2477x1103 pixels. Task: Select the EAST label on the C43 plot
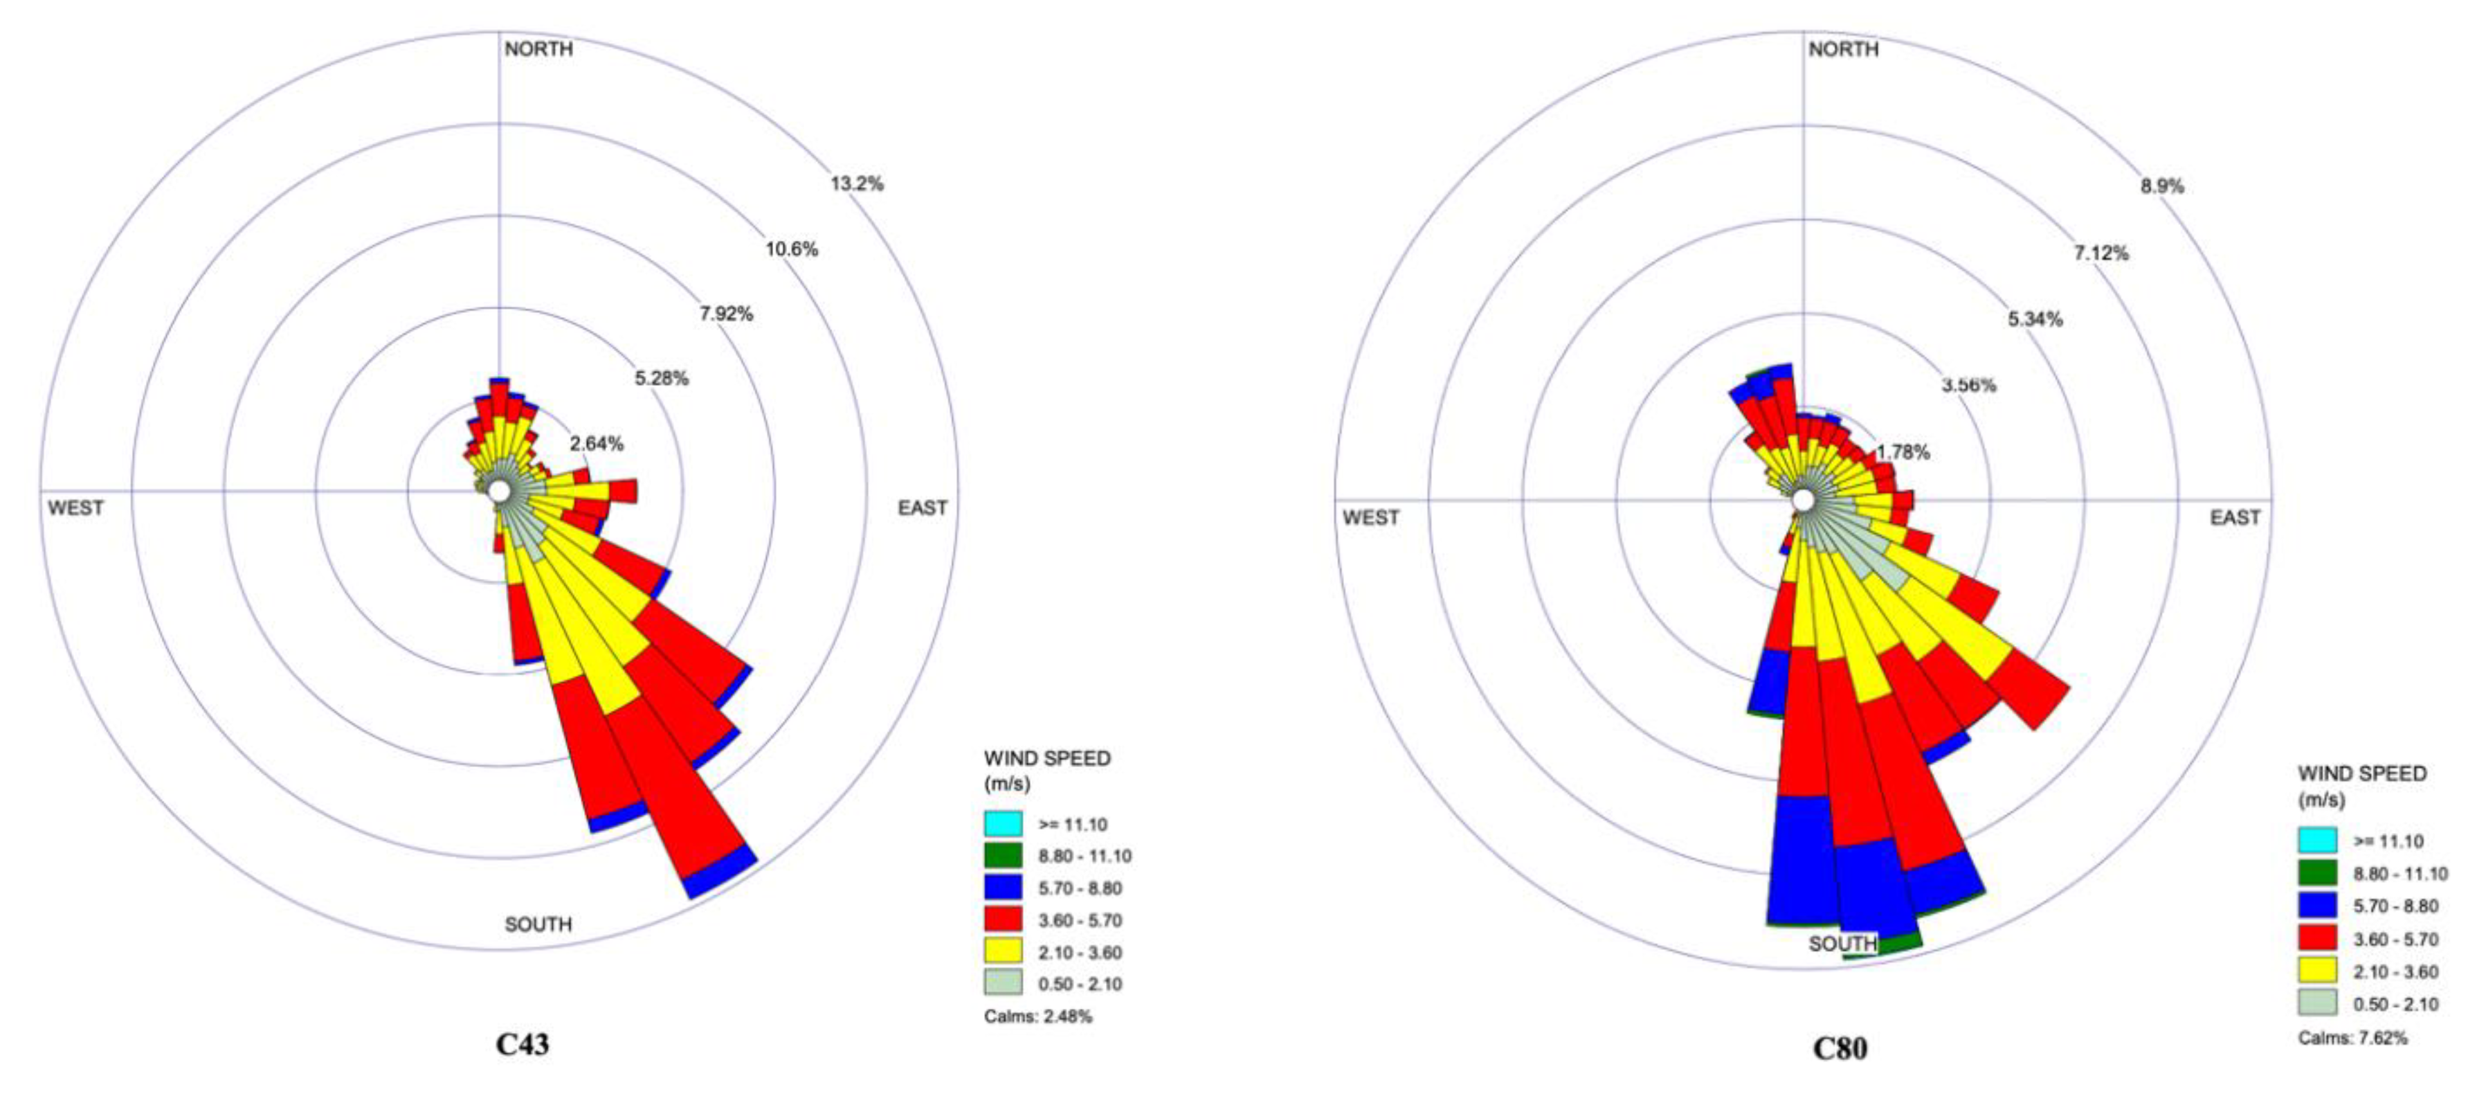(922, 508)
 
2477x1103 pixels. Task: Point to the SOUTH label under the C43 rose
(538, 924)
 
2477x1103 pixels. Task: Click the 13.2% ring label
(857, 183)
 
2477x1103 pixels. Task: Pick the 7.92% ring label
(726, 314)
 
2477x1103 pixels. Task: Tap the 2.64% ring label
(596, 443)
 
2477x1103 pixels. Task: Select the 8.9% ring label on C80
(2161, 186)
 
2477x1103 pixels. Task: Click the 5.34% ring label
(2035, 319)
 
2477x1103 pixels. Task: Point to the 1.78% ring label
(1903, 452)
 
